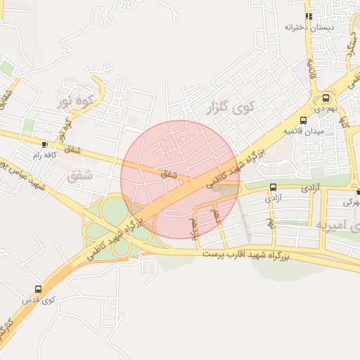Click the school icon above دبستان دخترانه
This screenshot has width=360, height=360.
[x=308, y=15]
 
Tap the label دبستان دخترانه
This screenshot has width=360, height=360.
[x=308, y=27]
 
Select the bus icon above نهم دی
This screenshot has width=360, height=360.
[x=326, y=98]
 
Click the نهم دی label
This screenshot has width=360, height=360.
[x=325, y=110]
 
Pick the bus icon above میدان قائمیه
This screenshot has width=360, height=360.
[x=303, y=120]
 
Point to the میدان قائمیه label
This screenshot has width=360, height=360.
[x=303, y=131]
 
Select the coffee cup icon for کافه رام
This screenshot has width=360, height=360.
[x=46, y=143]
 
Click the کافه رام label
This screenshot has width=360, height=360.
[x=44, y=154]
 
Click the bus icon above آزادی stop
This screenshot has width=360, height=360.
[x=272, y=187]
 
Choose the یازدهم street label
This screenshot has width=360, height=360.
[x=195, y=227]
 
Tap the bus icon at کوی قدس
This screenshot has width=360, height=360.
[x=37, y=289]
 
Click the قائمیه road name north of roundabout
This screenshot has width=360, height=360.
[x=313, y=70]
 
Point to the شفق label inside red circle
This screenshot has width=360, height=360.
[x=169, y=173]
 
